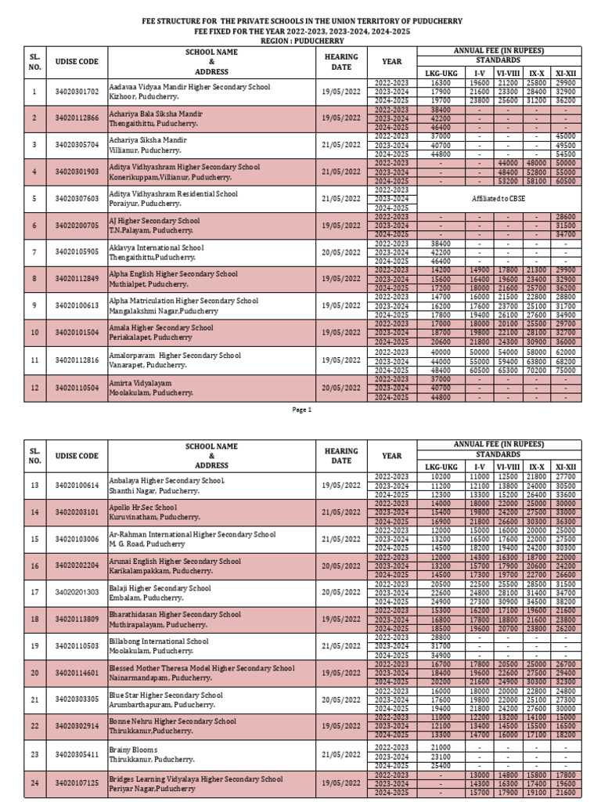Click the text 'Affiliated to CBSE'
tap(500, 199)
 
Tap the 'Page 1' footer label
tap(302, 409)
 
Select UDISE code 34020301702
tap(77, 92)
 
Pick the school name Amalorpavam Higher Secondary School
tap(175, 355)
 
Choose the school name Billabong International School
tap(159, 641)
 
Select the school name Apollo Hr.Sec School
tap(143, 507)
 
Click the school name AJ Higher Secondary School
tap(155, 221)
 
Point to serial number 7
tap(34, 252)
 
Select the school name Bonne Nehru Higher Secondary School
tap(173, 721)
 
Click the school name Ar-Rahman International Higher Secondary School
tap(193, 534)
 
